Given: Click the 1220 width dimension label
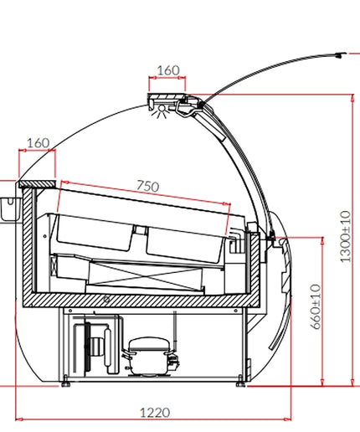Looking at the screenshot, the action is (155, 413).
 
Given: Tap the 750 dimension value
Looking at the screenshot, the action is (148, 186).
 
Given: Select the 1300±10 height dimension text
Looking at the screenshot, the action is (345, 237).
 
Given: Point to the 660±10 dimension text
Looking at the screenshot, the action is (316, 306).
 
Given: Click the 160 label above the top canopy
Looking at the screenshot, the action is (168, 70).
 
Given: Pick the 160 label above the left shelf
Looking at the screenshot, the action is (38, 143).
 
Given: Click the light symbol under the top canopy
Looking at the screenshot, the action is (161, 111).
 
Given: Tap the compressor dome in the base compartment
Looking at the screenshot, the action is (148, 343).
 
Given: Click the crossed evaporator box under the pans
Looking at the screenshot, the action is (145, 275).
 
